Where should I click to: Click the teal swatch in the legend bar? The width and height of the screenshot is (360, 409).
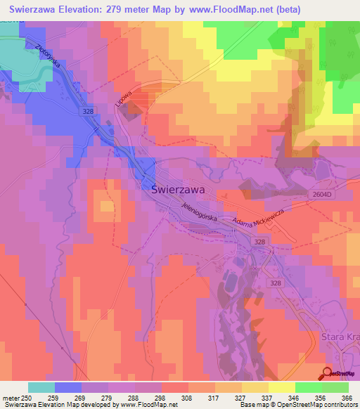(41, 387)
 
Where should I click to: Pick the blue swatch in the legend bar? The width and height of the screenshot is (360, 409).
(68, 387)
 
